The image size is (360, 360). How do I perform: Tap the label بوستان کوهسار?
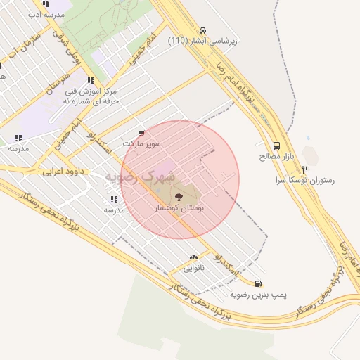pyautogui.click(x=178, y=208)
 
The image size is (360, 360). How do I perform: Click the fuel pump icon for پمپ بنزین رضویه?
pyautogui.click(x=259, y=284)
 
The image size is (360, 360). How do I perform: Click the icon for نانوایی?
pyautogui.click(x=193, y=257)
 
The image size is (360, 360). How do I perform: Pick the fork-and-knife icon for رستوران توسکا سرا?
pyautogui.click(x=304, y=169)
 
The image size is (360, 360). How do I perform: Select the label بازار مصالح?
pyautogui.click(x=277, y=155)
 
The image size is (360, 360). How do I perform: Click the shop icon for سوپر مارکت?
pyautogui.click(x=142, y=132)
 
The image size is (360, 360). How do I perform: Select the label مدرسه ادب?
pyautogui.click(x=47, y=14)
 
